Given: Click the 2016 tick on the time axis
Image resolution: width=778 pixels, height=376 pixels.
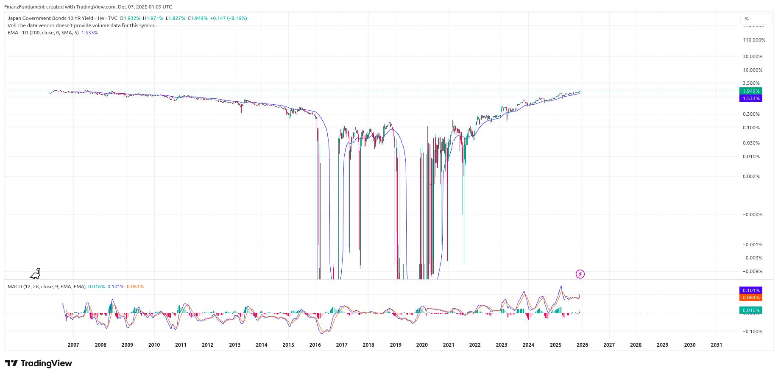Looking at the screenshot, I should pyautogui.click(x=315, y=345).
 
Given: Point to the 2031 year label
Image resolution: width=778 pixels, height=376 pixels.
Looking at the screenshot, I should pyautogui.click(x=717, y=345).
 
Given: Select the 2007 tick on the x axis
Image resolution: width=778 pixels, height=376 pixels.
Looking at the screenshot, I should pyautogui.click(x=73, y=345).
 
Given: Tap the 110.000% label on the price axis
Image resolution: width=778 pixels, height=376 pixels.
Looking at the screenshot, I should pyautogui.click(x=754, y=40).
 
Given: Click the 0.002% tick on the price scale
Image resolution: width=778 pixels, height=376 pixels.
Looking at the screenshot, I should pyautogui.click(x=751, y=176).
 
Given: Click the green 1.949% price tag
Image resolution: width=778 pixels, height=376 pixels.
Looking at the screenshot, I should pyautogui.click(x=750, y=91).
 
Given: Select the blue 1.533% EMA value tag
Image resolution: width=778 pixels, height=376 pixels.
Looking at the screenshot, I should pyautogui.click(x=750, y=98).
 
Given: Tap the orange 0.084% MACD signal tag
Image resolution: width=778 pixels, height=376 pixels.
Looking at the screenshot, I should pyautogui.click(x=750, y=298).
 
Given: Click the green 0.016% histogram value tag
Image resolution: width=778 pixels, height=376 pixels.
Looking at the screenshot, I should pyautogui.click(x=750, y=310).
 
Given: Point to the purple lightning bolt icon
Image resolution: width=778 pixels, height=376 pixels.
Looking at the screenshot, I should pyautogui.click(x=580, y=274).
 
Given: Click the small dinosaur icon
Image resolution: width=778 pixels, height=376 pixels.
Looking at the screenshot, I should pyautogui.click(x=36, y=273).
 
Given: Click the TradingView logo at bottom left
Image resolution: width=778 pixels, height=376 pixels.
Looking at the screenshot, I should pyautogui.click(x=39, y=363).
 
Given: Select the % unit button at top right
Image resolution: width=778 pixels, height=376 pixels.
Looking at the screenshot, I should pyautogui.click(x=756, y=19).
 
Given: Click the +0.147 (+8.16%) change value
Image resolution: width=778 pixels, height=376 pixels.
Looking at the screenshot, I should pyautogui.click(x=229, y=18).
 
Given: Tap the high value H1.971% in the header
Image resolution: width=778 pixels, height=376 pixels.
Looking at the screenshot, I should pyautogui.click(x=153, y=18).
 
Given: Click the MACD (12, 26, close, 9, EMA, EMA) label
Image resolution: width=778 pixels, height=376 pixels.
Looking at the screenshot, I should pyautogui.click(x=46, y=287).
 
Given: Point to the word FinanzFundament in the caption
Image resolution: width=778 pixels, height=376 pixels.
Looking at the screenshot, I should pyautogui.click(x=24, y=7).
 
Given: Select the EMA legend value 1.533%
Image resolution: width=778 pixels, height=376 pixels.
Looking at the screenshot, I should pyautogui.click(x=89, y=33).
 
